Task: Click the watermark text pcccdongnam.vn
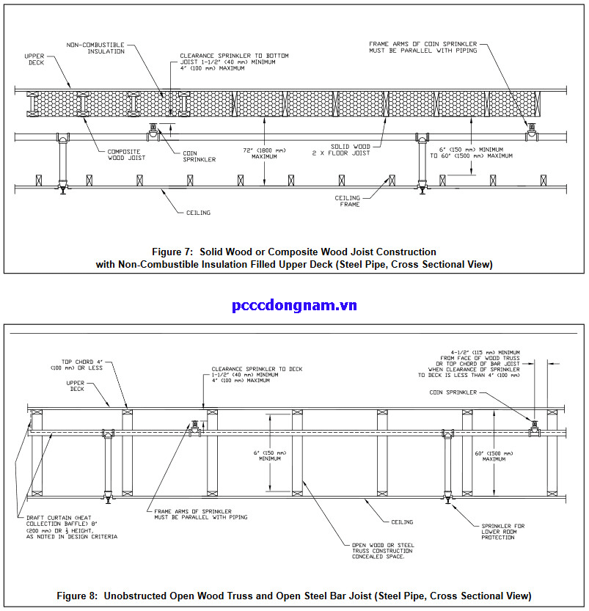pyautogui.click(x=294, y=305)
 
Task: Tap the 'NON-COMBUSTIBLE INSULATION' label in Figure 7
pyautogui.click(x=95, y=48)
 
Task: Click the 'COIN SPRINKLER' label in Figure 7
pyautogui.click(x=200, y=156)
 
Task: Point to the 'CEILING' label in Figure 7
pyautogui.click(x=197, y=213)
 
